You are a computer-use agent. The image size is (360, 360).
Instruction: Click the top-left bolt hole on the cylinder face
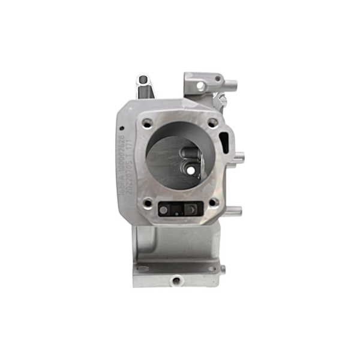pyautogui.click(x=147, y=123)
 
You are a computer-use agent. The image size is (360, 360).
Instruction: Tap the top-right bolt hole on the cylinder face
pyautogui.click(x=212, y=123)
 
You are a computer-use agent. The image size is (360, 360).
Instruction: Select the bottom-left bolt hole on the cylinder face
pyautogui.click(x=147, y=203)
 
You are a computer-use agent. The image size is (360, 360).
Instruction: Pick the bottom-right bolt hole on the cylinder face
pyautogui.click(x=212, y=203)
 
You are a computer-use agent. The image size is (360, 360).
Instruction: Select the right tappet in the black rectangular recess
pyautogui.click(x=190, y=209)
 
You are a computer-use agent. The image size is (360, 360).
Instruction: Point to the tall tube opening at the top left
pyautogui.click(x=143, y=79)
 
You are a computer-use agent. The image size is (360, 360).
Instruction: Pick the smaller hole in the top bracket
pyautogui.click(x=218, y=78)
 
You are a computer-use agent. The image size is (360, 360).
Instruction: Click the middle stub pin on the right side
pyautogui.click(x=238, y=159)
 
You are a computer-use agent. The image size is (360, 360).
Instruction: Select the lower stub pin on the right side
pyautogui.click(x=235, y=211)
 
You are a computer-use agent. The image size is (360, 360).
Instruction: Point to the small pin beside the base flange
pyautogui.click(x=223, y=269)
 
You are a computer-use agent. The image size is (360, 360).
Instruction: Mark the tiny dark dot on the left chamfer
pyautogui.click(x=121, y=127)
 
